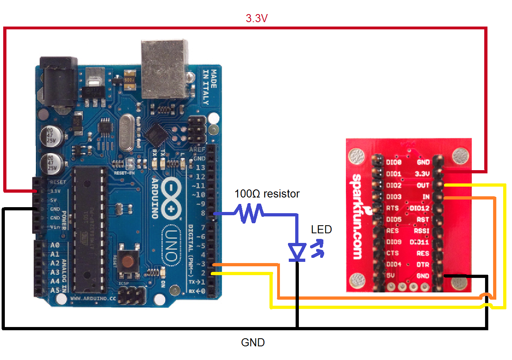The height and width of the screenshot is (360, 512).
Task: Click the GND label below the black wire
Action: coord(253,343)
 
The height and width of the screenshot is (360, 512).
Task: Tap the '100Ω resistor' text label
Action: coord(267,194)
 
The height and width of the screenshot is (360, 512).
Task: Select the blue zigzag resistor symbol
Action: coord(251,213)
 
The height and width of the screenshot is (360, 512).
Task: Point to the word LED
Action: coord(321,230)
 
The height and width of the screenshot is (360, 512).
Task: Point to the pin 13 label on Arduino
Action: coord(200,167)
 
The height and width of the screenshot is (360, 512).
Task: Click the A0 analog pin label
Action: coord(55,245)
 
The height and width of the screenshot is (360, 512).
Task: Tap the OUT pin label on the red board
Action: coord(423,185)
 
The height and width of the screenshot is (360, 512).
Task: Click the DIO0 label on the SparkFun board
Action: coord(393,163)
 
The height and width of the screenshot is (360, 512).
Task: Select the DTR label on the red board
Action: coord(423,264)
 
